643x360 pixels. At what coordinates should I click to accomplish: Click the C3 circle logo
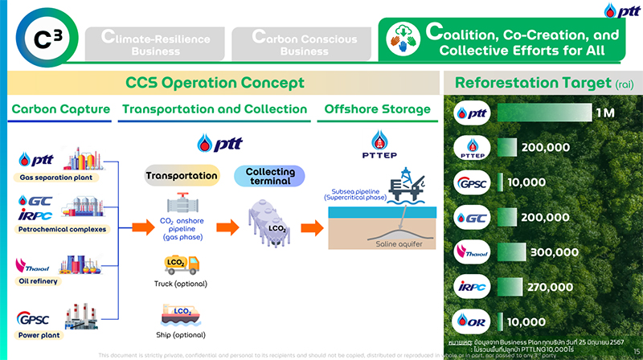pos(42,37)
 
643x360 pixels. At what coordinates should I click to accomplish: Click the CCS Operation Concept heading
pos(215,83)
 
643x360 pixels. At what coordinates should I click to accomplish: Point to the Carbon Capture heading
pos(60,109)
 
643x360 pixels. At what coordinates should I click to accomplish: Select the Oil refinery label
pos(39,281)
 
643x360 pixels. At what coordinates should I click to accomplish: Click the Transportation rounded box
pos(181,175)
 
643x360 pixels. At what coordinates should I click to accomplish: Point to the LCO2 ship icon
pos(180,313)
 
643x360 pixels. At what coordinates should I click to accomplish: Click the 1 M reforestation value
pos(604,112)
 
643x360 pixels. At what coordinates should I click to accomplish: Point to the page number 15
pos(626,352)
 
